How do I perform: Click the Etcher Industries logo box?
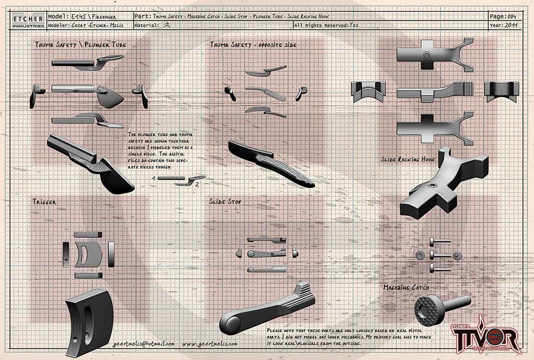tap(27, 21)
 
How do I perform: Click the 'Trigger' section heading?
tap(45, 202)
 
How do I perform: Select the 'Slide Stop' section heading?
tap(225, 202)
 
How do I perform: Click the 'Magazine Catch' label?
tap(406, 287)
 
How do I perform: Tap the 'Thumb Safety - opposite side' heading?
tap(253, 45)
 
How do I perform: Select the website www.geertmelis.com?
tap(210, 344)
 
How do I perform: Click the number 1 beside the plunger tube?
tap(153, 178)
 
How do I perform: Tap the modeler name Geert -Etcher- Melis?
tap(101, 25)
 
